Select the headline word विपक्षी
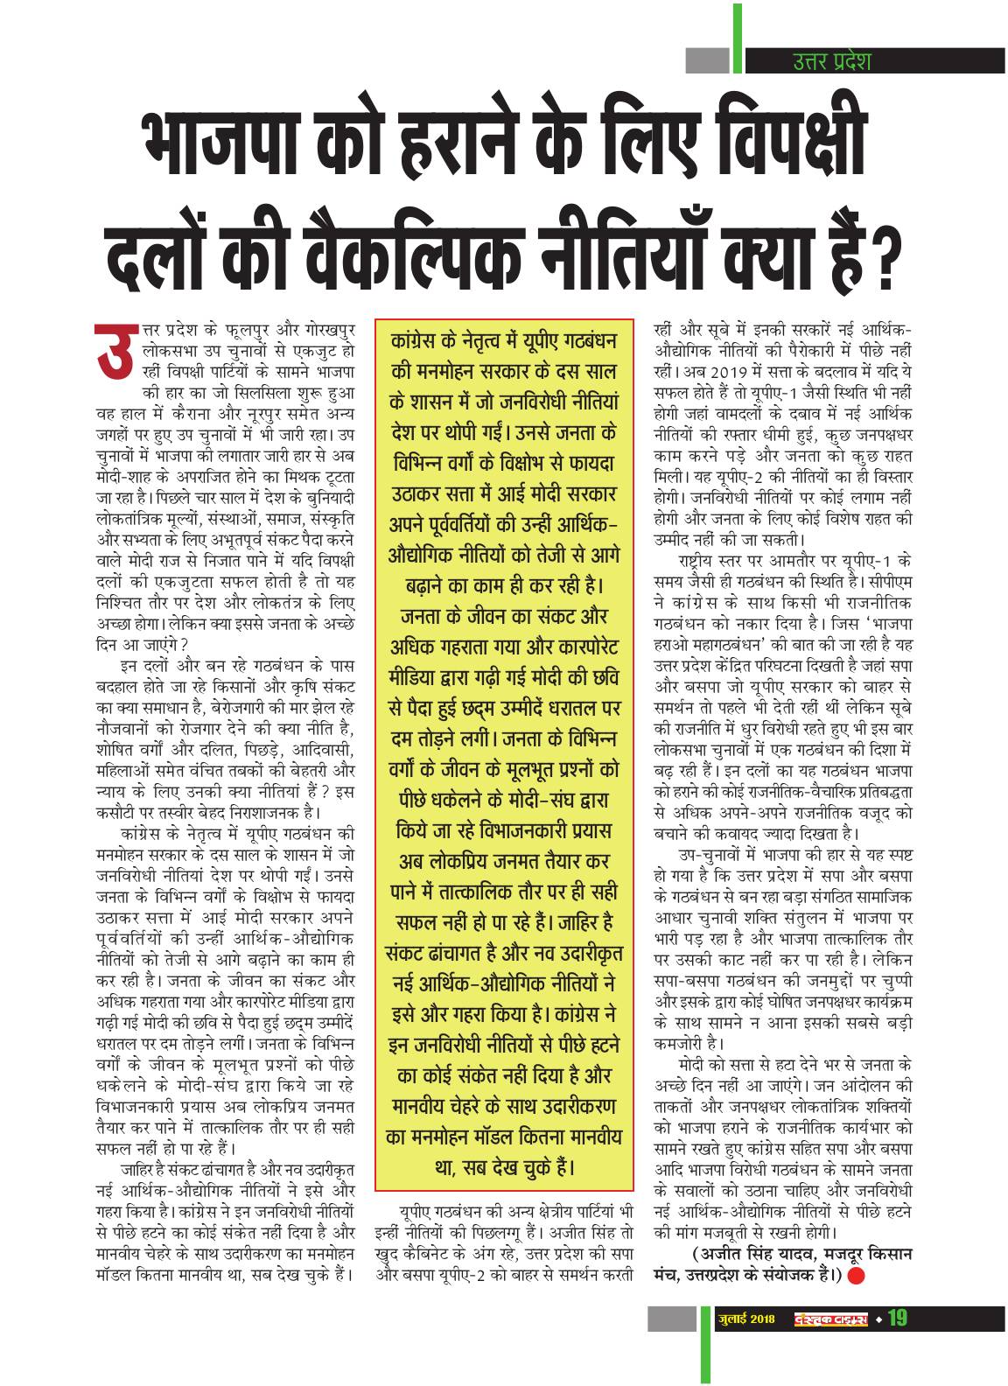770,140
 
